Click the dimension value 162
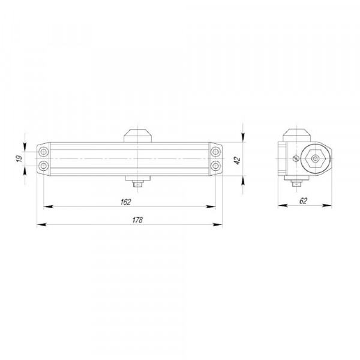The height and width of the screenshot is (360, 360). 125,202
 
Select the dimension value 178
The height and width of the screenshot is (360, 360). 137,220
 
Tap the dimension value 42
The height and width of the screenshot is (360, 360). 237,160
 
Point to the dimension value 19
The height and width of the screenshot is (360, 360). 20,158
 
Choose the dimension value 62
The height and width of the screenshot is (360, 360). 303,201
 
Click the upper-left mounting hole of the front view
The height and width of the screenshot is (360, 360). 43,152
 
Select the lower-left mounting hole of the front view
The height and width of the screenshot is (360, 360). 43,166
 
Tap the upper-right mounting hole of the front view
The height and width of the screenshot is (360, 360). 215,152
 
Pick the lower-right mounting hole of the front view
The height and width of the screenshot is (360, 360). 215,166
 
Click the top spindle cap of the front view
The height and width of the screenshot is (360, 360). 138,136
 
